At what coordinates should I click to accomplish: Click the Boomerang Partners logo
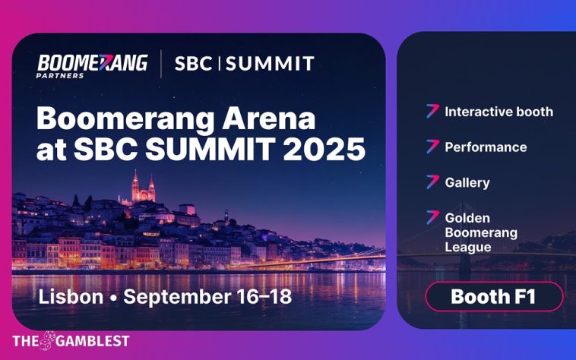[92, 65]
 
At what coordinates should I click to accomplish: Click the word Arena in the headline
[263, 119]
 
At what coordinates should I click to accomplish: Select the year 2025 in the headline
[325, 150]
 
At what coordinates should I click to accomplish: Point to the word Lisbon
[70, 295]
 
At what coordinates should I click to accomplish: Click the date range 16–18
[263, 295]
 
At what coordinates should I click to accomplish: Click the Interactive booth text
[498, 112]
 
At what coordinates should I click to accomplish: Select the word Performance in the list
[486, 147]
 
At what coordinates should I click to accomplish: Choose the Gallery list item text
[467, 182]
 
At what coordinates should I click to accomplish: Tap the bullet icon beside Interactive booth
[432, 111]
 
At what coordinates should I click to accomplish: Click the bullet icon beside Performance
[432, 146]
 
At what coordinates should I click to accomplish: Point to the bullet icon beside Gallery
[432, 182]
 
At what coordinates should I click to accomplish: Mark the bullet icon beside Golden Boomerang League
[432, 217]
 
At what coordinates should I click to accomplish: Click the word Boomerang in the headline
[121, 119]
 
